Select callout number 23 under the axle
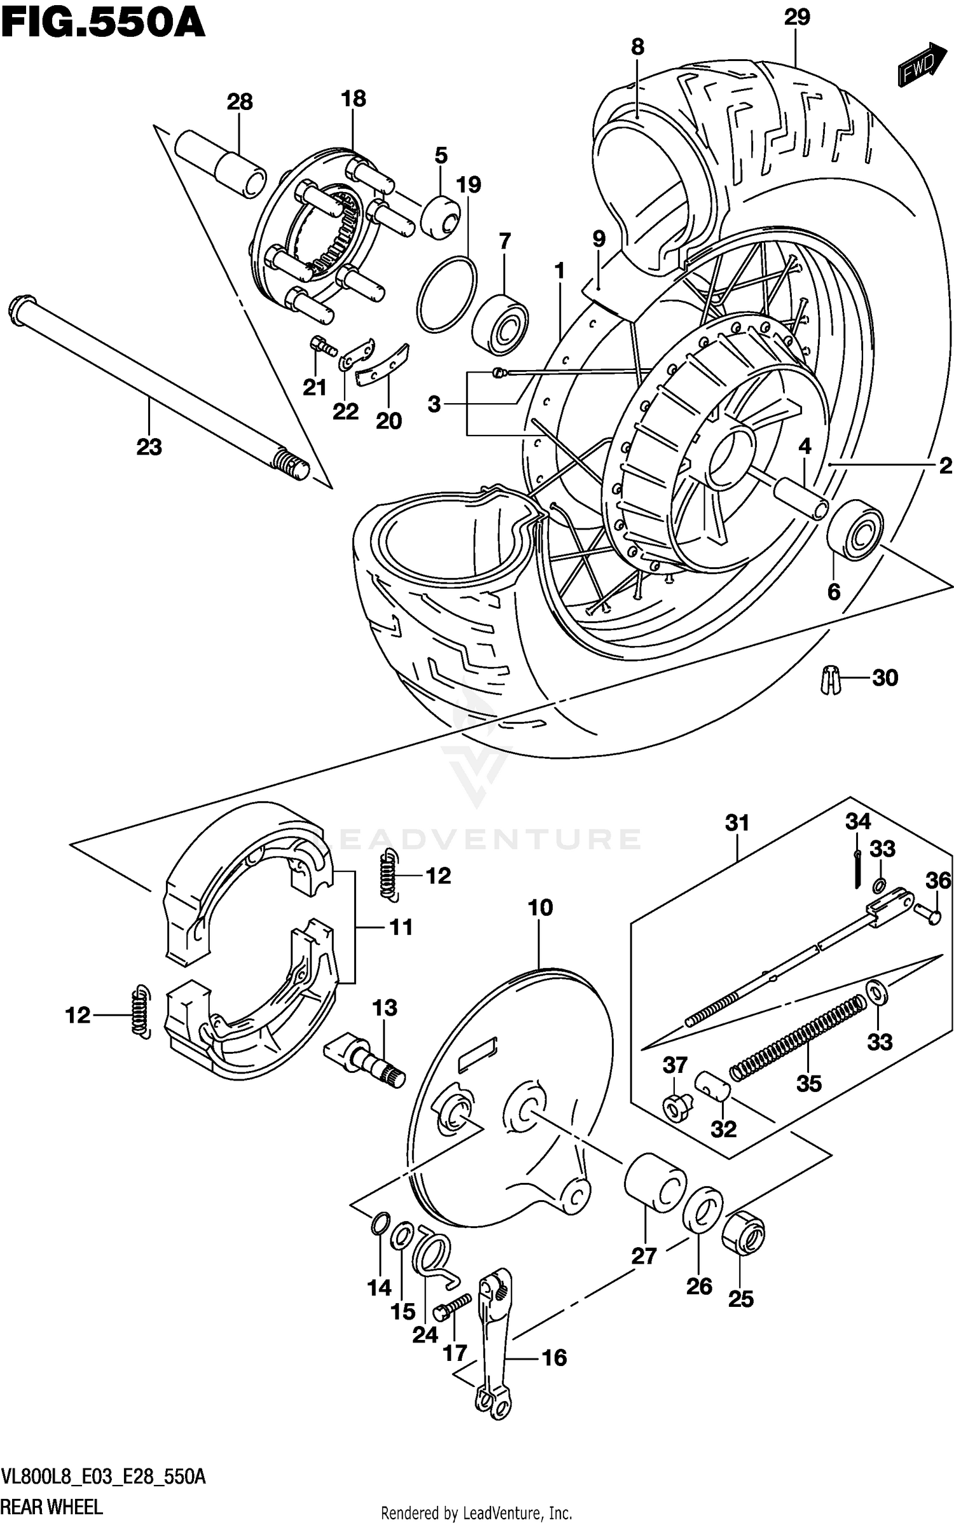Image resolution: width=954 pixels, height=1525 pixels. (149, 448)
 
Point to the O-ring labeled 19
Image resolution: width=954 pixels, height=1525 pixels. (447, 294)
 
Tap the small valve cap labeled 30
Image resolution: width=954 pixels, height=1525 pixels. (827, 680)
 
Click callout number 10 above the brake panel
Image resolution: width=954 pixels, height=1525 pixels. (540, 908)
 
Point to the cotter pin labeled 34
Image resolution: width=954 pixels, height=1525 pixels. (857, 869)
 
